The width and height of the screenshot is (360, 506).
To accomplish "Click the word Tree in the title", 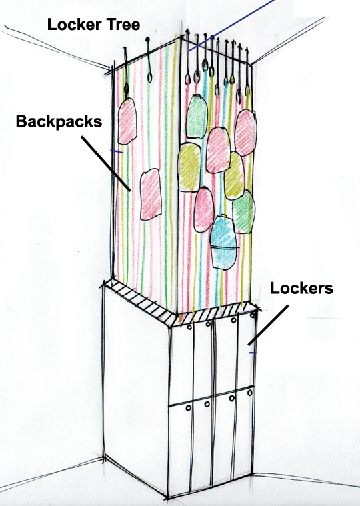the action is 124,25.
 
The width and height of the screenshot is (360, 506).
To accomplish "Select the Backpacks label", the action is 59,122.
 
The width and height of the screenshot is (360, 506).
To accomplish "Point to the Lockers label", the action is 301,288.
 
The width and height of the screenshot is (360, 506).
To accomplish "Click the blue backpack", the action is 223,242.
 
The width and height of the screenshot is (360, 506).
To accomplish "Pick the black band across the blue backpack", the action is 225,247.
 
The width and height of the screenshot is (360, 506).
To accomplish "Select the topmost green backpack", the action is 197,116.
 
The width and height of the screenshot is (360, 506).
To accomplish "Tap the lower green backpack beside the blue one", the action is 243,211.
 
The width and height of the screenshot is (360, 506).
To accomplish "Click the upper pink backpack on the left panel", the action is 127,121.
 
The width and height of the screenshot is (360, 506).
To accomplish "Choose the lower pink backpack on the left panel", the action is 151,195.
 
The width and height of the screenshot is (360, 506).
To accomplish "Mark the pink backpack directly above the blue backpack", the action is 203,210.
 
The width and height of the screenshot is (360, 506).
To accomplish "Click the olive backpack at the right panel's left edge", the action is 189,167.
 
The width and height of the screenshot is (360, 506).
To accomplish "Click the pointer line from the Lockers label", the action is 268,325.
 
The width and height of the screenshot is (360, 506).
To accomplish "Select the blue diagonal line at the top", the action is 231,25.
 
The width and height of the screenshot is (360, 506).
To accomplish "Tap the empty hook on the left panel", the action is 149,59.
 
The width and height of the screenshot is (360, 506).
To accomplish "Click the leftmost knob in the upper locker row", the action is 190,327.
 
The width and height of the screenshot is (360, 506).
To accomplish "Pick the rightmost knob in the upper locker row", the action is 254,314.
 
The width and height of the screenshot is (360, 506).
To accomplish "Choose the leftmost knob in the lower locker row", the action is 189,408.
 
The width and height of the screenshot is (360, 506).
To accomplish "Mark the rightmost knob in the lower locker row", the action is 250,393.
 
